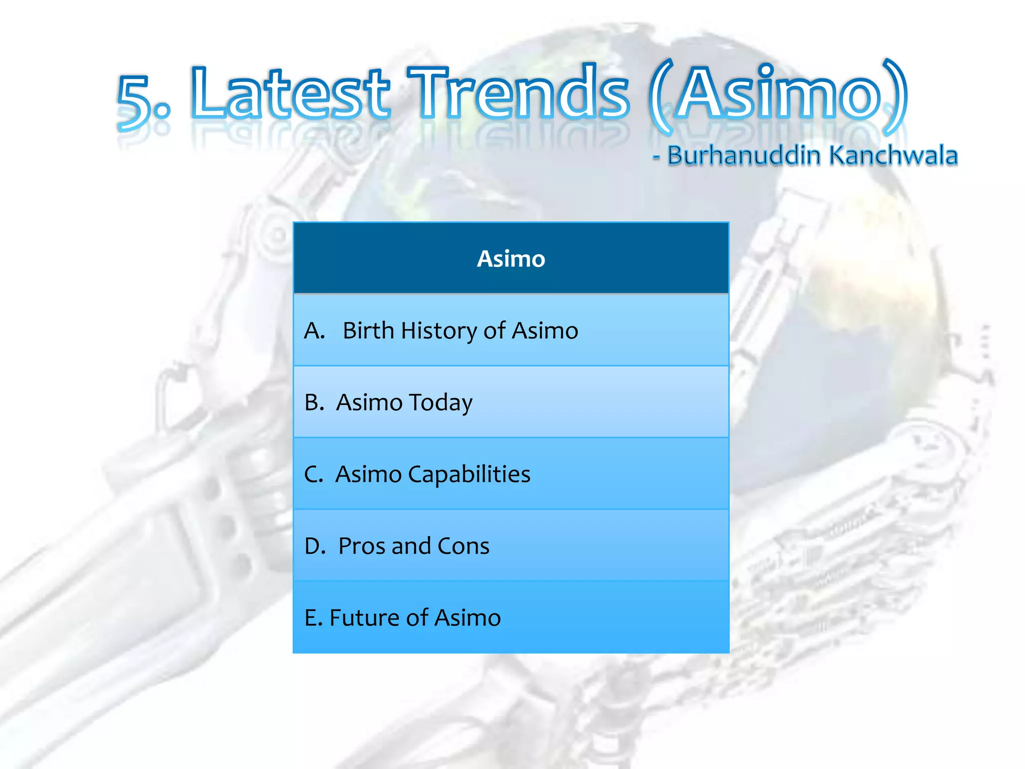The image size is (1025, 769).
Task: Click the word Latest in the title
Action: coord(290,94)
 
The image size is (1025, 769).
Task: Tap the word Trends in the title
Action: coord(518,94)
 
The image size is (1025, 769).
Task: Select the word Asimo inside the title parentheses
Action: coord(779,94)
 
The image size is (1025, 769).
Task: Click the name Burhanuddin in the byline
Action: coord(744,155)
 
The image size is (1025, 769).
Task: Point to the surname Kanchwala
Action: coord(893,155)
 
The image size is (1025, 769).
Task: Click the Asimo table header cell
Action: coord(511,259)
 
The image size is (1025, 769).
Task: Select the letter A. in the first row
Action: coord(315,331)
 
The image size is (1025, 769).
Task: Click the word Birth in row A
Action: coord(368,331)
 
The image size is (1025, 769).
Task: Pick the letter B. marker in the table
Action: coord(314,403)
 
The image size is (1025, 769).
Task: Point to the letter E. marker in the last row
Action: coord(313,618)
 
